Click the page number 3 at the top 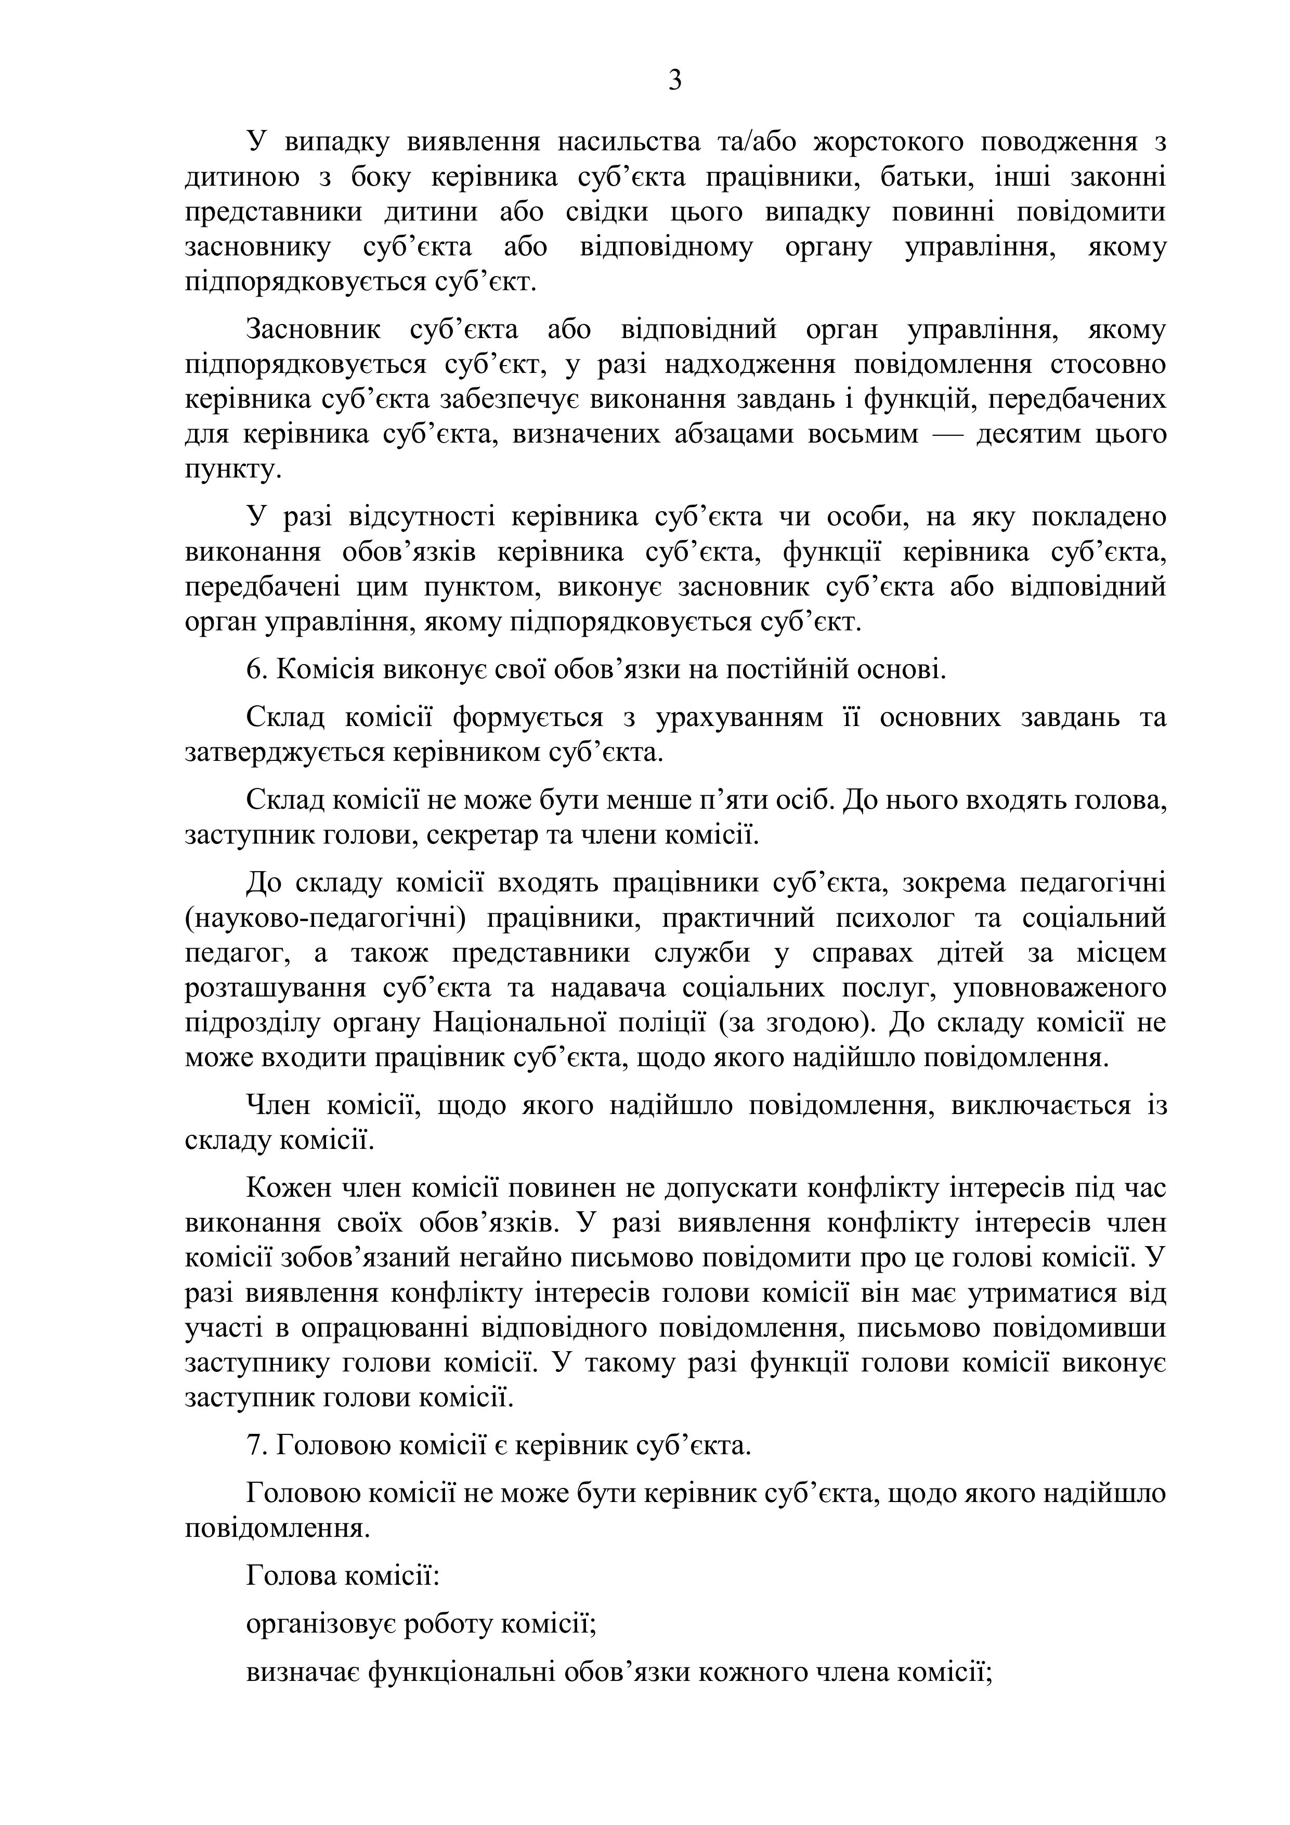(x=675, y=80)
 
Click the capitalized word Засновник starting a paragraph (x=314, y=330)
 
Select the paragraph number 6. (x=254, y=670)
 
